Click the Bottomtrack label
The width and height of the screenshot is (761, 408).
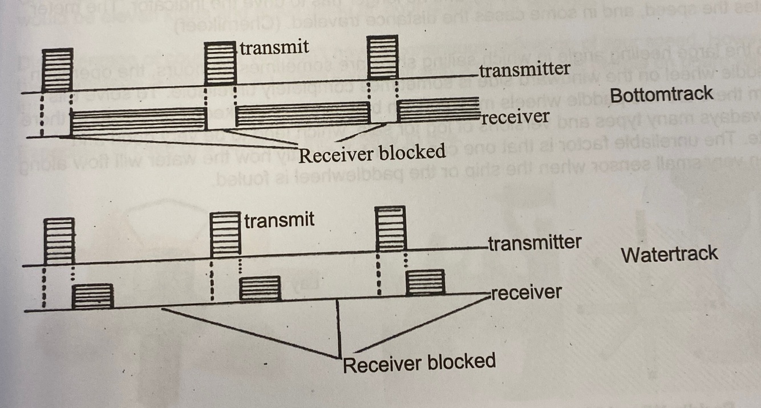661,95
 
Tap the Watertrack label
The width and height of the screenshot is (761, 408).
669,254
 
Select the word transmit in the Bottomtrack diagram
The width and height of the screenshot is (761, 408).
274,47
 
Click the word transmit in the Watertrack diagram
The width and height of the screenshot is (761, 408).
279,220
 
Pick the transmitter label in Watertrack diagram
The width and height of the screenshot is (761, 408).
534,243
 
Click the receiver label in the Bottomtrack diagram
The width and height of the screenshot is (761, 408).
516,117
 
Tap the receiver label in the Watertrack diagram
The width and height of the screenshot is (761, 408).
526,293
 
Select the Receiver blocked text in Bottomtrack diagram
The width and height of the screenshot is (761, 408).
372,153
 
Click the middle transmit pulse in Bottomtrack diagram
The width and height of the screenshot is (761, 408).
220,61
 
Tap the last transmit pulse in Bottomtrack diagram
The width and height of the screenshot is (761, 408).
380,58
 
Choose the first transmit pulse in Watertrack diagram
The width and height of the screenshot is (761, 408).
59,240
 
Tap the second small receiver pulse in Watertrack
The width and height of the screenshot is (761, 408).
260,288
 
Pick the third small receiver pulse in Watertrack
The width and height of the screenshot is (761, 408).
425,282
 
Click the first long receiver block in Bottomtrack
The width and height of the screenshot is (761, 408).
137,119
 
